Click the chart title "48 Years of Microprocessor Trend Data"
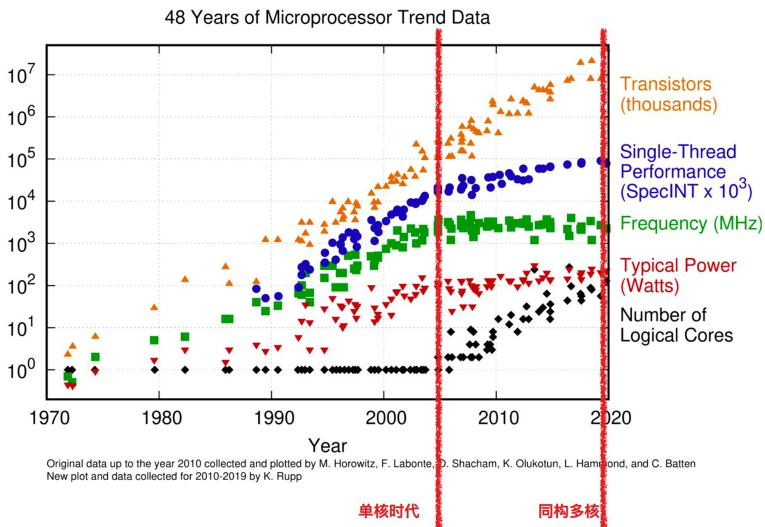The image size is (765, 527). click(x=327, y=18)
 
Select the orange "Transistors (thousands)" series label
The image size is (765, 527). click(x=668, y=94)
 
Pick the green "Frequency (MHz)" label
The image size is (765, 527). click(x=691, y=223)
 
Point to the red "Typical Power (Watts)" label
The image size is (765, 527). click(x=678, y=275)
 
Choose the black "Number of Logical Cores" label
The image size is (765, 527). click(x=676, y=325)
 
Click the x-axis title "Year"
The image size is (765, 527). click(x=327, y=445)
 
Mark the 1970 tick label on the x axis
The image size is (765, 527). click(x=49, y=418)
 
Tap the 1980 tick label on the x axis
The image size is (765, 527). click(x=161, y=418)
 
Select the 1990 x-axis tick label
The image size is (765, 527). click(x=274, y=418)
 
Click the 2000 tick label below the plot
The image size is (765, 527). click(x=386, y=418)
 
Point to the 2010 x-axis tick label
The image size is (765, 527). click(x=498, y=418)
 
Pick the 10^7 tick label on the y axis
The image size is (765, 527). click(x=21, y=75)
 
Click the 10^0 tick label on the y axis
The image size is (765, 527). click(x=21, y=370)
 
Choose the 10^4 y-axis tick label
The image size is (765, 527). click(x=21, y=201)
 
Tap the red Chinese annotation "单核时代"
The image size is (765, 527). click(x=388, y=511)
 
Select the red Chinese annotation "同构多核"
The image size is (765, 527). click(x=568, y=511)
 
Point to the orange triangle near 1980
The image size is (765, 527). click(x=154, y=307)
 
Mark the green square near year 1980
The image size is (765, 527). click(x=154, y=340)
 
